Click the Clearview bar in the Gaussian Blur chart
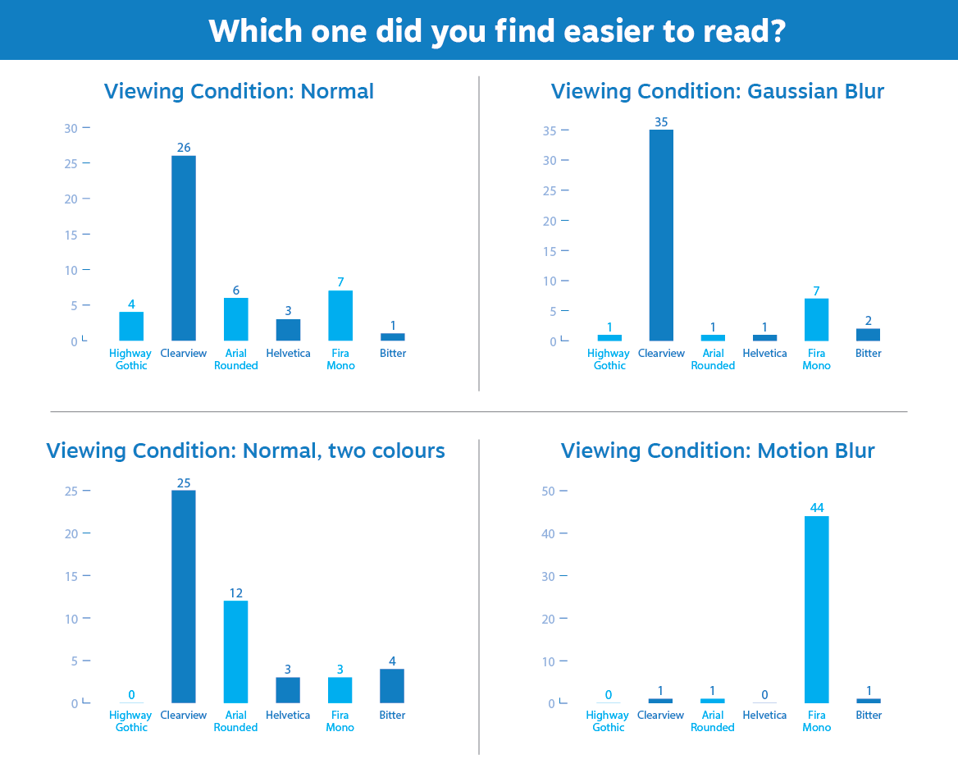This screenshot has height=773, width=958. [661, 236]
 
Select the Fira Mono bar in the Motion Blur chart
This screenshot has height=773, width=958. [817, 610]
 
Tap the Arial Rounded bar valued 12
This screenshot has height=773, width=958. [235, 652]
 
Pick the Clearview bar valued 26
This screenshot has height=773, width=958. [184, 249]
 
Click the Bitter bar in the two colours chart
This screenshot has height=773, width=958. [392, 686]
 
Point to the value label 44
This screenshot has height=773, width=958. [817, 508]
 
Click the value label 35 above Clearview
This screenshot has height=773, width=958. [661, 122]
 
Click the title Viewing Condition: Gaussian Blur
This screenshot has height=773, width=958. [718, 91]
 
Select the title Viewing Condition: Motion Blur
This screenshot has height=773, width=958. [718, 451]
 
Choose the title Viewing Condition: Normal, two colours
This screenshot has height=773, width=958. [245, 451]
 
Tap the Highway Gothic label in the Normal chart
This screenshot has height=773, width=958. [131, 359]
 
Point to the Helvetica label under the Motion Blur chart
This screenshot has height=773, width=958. [764, 716]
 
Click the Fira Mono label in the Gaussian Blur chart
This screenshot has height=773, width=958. [817, 359]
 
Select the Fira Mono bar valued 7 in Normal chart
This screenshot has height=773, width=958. [340, 316]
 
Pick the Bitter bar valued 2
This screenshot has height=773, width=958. [869, 335]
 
